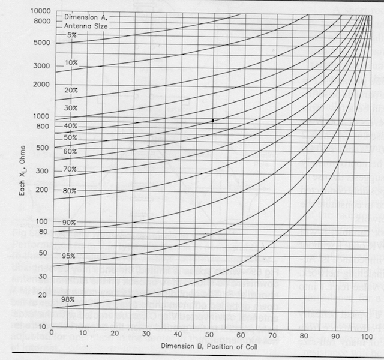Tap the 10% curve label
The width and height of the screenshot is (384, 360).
[72, 62]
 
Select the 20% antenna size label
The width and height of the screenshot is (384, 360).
[72, 90]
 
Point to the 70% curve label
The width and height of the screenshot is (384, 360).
[70, 170]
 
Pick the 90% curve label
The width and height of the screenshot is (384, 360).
[70, 223]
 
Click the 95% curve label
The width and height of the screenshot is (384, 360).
[68, 256]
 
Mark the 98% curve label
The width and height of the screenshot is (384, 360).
[67, 299]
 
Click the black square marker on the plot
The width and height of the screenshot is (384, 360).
[212, 121]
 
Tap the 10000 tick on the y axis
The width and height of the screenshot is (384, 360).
[39, 11]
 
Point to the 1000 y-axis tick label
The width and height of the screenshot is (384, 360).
[41, 116]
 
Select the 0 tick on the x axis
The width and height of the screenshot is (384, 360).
[52, 334]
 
